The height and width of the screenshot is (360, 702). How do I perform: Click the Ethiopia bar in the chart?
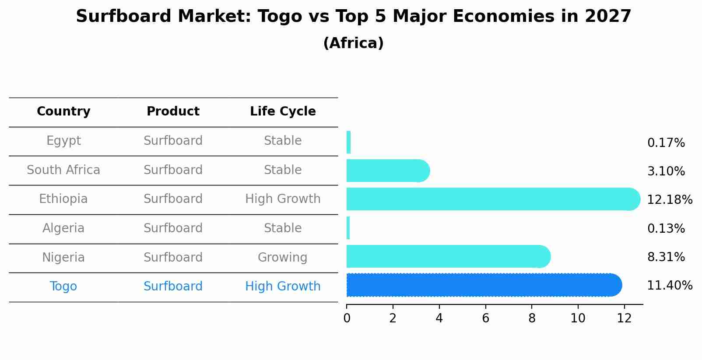click(x=493, y=199)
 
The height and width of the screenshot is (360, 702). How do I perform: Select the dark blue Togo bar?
click(x=484, y=285)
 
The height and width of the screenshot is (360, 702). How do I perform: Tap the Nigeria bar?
click(x=449, y=256)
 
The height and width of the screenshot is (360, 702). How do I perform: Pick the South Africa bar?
click(x=388, y=171)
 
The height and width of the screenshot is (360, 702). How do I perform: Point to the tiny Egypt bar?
click(x=348, y=142)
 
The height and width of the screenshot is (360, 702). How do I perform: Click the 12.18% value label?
click(x=670, y=199)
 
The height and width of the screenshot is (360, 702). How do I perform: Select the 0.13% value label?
click(x=666, y=228)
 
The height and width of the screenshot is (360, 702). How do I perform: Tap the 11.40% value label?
click(x=670, y=286)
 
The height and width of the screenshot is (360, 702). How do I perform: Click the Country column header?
click(x=63, y=111)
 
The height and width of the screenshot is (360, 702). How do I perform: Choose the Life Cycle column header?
click(x=283, y=111)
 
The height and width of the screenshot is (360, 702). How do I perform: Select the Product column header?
click(x=173, y=111)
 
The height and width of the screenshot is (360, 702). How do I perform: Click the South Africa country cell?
click(x=63, y=170)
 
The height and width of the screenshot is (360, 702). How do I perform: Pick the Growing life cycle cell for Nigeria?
click(x=282, y=257)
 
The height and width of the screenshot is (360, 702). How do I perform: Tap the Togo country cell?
click(x=63, y=287)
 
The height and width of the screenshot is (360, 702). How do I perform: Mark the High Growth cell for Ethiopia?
click(x=283, y=199)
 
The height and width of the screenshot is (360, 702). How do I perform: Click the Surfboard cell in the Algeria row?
click(x=173, y=228)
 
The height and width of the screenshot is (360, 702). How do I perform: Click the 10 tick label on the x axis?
click(x=578, y=318)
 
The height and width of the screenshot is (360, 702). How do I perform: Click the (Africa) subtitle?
click(x=354, y=43)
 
